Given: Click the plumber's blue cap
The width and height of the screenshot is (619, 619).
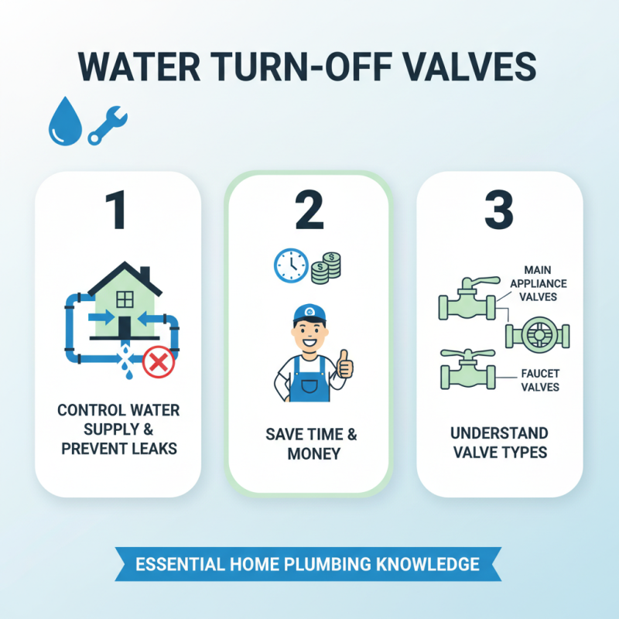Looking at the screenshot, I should pos(309,313).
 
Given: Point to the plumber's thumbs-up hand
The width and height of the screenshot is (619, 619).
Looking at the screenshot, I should pos(344,364).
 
